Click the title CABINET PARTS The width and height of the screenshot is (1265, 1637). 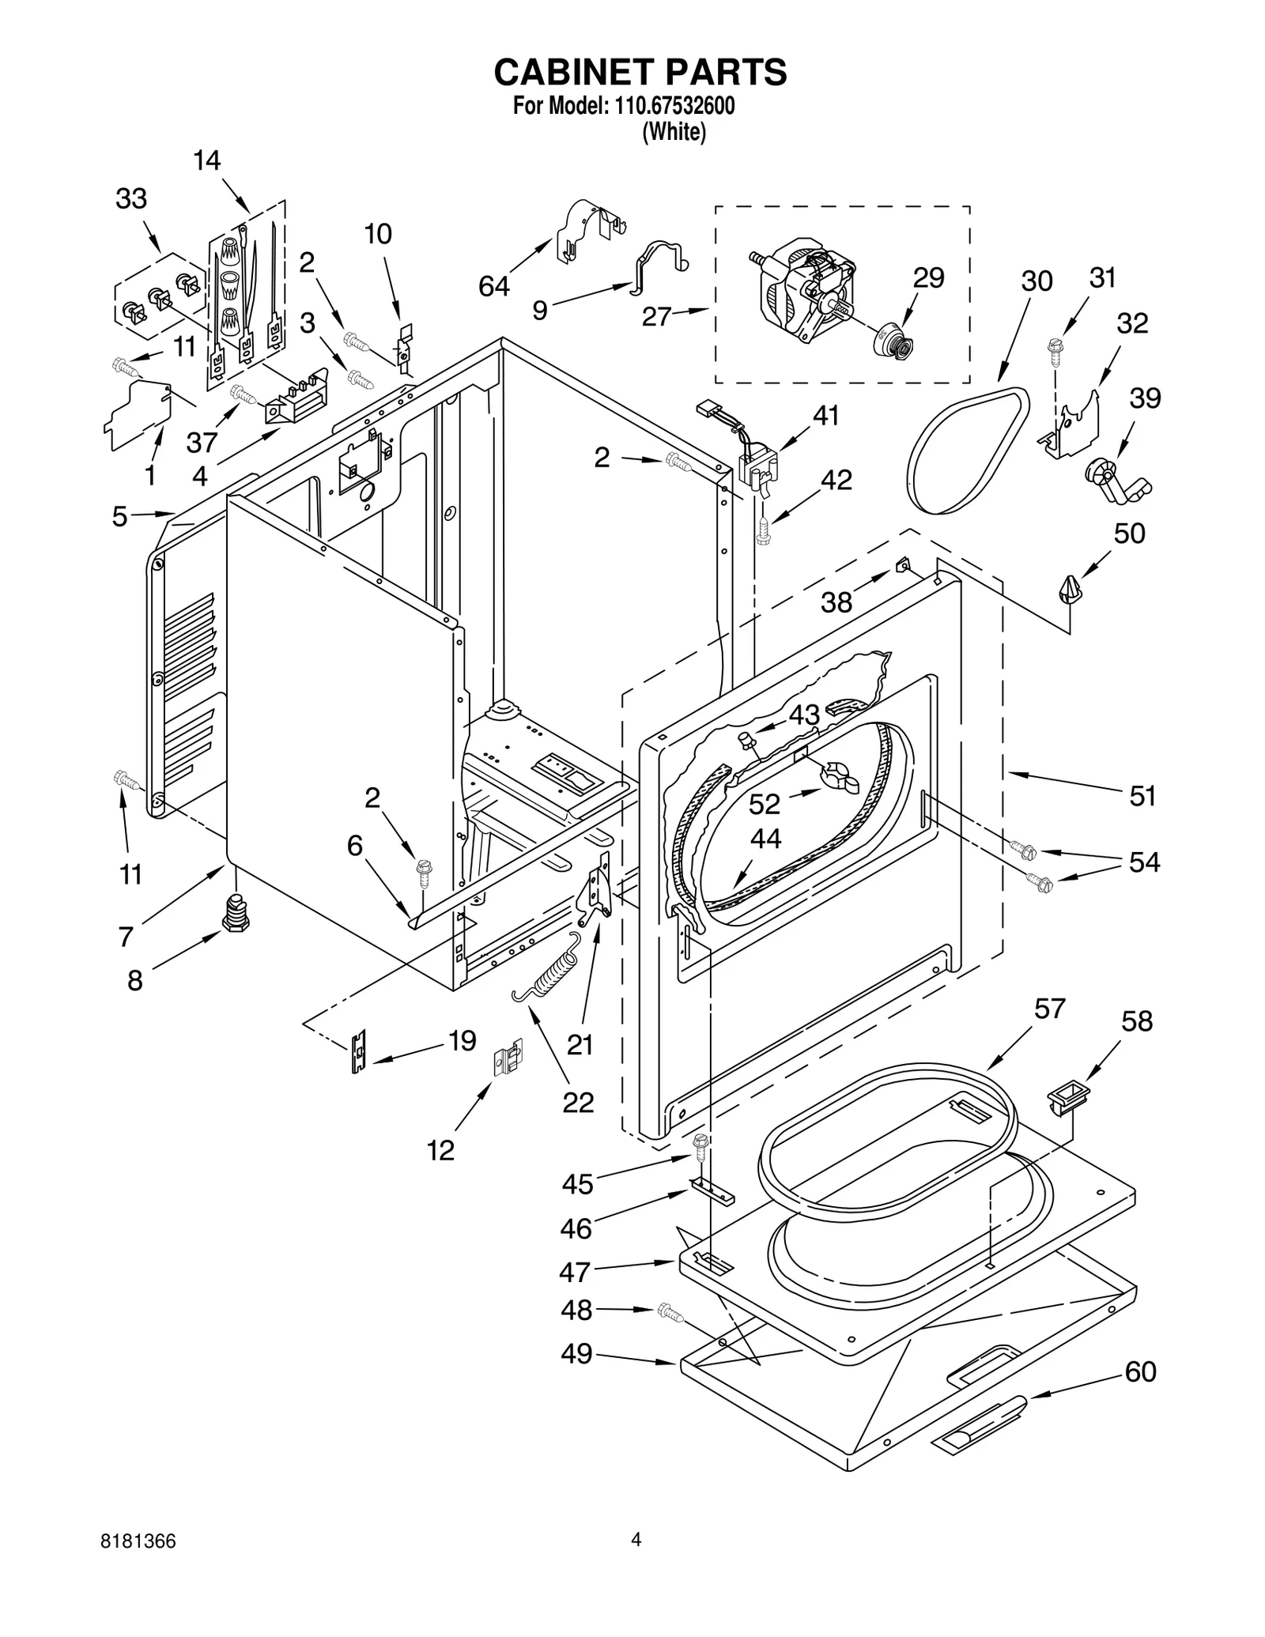click(640, 72)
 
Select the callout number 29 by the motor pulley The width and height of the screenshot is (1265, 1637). click(928, 277)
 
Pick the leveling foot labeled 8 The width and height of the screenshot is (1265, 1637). click(235, 915)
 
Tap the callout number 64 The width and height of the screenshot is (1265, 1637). click(494, 286)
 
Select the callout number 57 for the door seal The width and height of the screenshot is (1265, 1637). click(1049, 1009)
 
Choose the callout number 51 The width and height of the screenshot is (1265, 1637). click(1142, 795)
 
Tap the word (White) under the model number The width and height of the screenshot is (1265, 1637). click(674, 132)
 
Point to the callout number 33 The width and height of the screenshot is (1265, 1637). click(131, 198)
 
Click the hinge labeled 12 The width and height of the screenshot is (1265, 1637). click(508, 1057)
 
